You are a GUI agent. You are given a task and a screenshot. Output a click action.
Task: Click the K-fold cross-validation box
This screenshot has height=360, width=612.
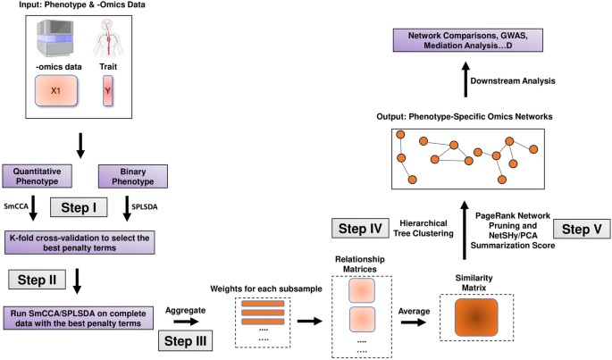(x=80, y=243)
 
